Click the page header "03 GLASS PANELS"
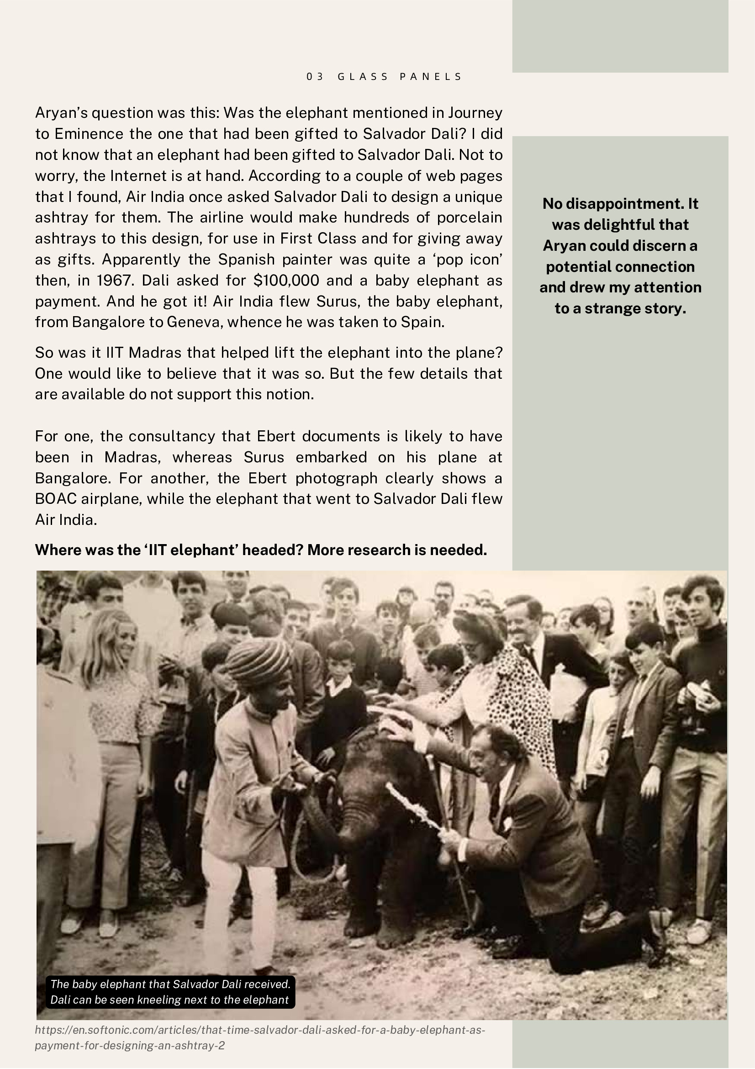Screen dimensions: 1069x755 coord(384,76)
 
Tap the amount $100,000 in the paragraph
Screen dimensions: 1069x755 coord(286,280)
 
